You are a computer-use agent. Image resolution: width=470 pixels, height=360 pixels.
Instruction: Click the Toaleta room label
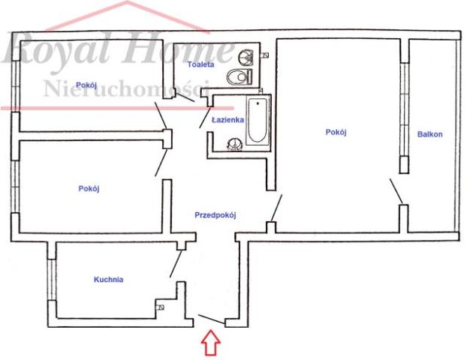(200, 64)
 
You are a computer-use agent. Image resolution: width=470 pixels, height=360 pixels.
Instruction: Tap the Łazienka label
(227, 120)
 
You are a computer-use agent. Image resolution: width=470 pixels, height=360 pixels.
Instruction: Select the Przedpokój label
(215, 215)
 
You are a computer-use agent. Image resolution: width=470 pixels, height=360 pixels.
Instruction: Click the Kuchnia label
(109, 280)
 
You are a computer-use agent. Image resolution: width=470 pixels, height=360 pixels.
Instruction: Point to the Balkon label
(430, 134)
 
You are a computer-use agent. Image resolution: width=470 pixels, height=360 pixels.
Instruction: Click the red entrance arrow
(211, 343)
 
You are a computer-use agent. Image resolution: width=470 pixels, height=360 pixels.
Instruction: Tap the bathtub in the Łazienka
(258, 121)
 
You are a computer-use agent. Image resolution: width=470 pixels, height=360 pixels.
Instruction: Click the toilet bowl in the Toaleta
(240, 77)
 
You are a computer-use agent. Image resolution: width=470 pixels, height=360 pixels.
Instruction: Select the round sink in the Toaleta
(246, 56)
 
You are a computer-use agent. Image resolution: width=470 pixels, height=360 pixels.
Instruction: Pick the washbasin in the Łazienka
(234, 144)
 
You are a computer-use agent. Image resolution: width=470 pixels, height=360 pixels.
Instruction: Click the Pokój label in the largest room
(336, 132)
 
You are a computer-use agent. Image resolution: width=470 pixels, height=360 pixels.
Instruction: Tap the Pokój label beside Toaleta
(86, 85)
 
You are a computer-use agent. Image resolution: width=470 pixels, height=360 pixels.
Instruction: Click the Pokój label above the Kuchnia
(89, 189)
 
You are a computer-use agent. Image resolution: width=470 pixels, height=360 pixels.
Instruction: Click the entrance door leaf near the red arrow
(211, 319)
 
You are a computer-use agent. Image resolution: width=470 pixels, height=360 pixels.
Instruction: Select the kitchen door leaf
(176, 264)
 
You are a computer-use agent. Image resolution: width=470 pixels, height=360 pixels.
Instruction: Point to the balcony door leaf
(396, 191)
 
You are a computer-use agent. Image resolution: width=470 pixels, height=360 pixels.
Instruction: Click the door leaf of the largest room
(276, 208)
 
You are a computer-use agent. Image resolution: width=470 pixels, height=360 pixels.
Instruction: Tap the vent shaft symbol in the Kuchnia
(160, 307)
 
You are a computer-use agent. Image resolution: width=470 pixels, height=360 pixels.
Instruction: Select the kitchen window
(52, 280)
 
